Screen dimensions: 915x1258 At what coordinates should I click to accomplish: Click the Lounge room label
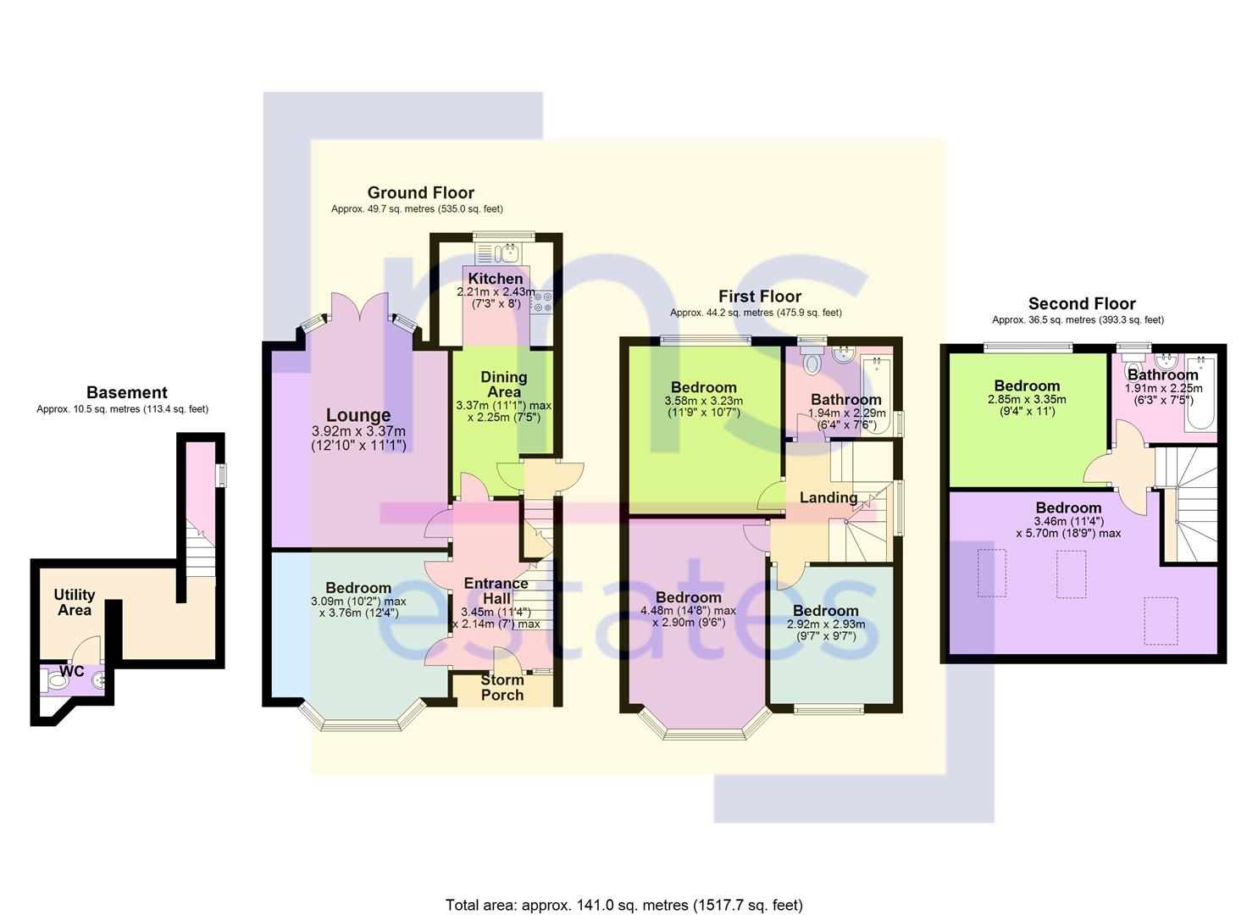[x=358, y=415]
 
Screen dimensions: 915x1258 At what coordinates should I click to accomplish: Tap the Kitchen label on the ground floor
[x=496, y=279]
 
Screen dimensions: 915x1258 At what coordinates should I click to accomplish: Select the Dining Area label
[x=503, y=384]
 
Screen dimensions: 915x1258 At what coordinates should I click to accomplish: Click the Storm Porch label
[x=502, y=687]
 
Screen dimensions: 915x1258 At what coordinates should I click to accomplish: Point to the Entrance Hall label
[x=496, y=591]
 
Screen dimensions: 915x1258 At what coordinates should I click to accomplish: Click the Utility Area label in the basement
[x=75, y=602]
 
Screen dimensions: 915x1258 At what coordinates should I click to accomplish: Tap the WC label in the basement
[x=72, y=671]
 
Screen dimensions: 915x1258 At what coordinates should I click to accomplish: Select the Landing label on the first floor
[x=829, y=498]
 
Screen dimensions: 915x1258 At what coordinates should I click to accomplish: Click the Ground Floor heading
[x=420, y=192]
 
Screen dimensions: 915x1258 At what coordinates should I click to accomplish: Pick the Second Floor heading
[x=1081, y=303]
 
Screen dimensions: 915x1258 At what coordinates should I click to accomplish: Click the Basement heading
[x=127, y=392]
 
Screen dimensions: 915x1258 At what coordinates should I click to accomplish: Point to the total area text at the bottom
[x=624, y=905]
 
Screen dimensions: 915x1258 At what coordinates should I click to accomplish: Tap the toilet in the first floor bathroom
[x=812, y=362]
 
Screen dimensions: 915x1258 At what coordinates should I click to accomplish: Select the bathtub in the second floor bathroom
[x=1200, y=396]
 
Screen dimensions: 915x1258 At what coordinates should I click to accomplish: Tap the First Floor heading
[x=760, y=296]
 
